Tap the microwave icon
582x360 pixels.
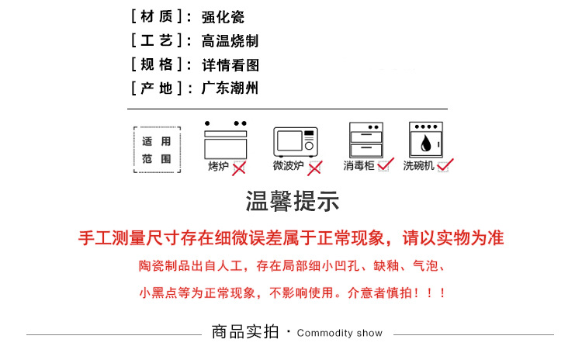(296, 142)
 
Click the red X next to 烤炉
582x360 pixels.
(239, 168)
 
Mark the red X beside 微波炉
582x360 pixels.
(314, 168)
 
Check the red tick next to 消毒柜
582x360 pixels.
(386, 164)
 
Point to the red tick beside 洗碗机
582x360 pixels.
(445, 164)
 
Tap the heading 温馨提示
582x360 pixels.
(293, 203)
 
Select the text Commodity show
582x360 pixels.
(340, 333)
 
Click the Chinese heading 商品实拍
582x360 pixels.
(244, 332)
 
